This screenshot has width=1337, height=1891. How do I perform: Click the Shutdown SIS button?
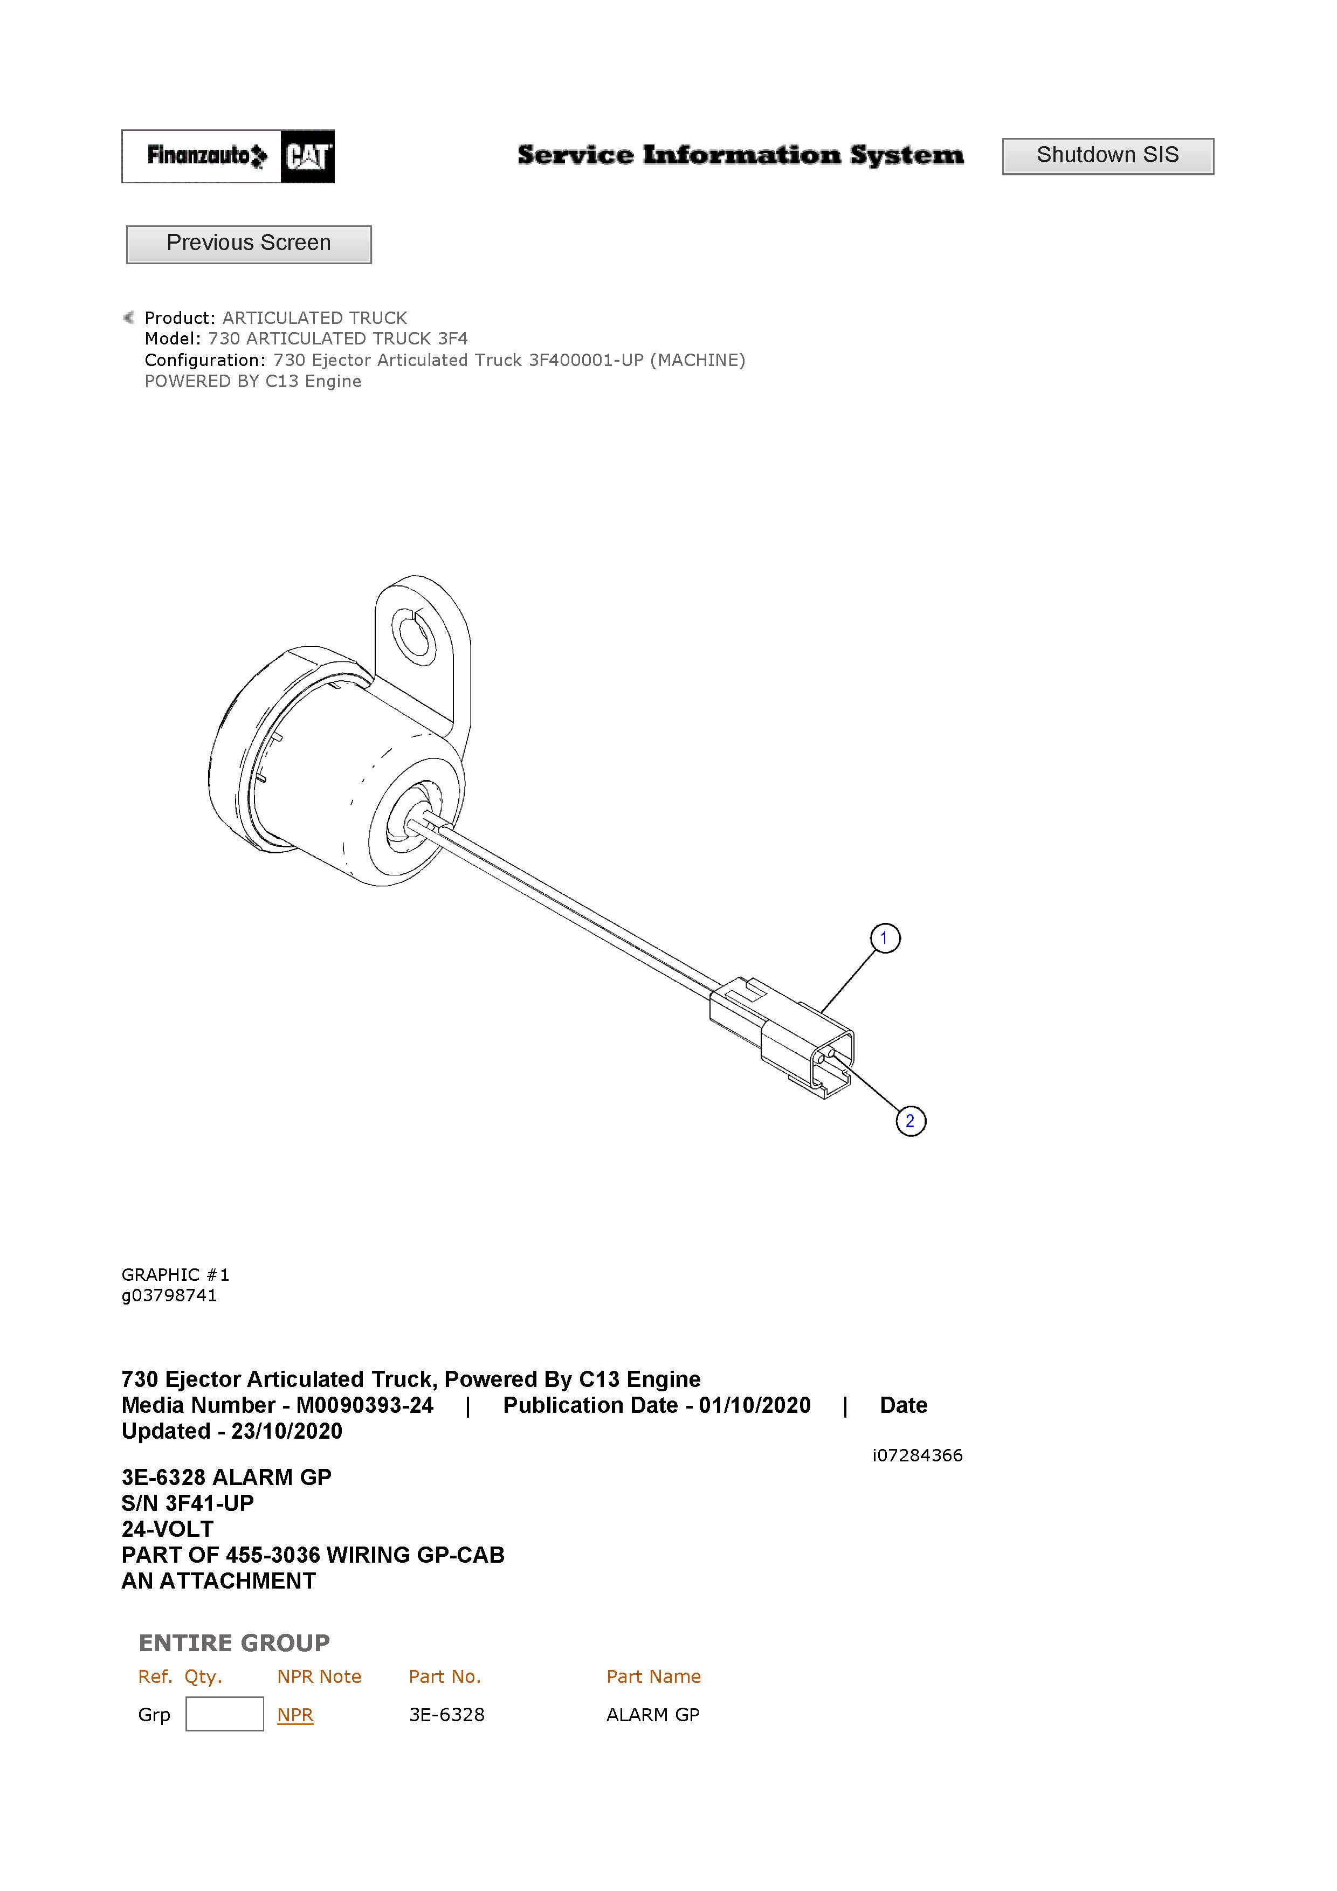click(x=1107, y=156)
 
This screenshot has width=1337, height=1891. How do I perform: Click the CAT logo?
click(x=307, y=156)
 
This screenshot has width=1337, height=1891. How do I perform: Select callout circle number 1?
click(x=885, y=938)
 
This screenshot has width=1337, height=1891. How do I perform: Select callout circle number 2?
click(x=910, y=1121)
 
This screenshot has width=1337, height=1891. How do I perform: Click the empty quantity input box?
click(x=225, y=1714)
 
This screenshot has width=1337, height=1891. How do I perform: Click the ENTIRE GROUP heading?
click(x=234, y=1643)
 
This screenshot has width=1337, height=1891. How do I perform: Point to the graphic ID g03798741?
click(x=169, y=1295)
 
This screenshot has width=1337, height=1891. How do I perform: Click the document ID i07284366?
click(x=918, y=1455)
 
